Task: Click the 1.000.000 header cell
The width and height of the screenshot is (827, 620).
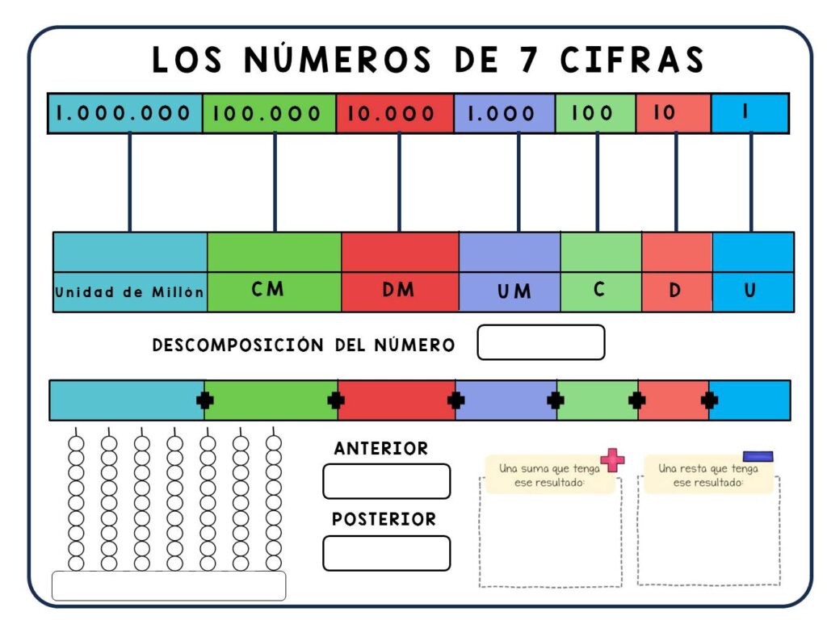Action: click(x=125, y=113)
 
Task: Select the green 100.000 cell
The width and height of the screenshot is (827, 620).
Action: click(x=269, y=113)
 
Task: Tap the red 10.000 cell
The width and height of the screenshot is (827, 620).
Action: click(x=394, y=113)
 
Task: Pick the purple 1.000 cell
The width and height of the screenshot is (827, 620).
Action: click(x=504, y=113)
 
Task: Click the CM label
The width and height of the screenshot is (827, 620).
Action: click(x=267, y=289)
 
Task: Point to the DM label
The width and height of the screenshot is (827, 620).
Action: click(x=398, y=290)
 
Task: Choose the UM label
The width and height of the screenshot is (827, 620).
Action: click(x=514, y=291)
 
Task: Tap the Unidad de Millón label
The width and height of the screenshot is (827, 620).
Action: click(x=129, y=291)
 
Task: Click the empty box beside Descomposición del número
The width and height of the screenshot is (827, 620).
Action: click(x=540, y=342)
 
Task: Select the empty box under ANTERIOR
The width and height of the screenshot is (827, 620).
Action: click(x=387, y=481)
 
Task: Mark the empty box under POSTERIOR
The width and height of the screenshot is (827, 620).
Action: click(x=387, y=553)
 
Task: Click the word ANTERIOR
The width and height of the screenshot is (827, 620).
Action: click(x=381, y=448)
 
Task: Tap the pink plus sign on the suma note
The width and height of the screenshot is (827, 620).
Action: click(x=612, y=459)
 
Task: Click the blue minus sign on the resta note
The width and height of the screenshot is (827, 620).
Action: click(x=758, y=456)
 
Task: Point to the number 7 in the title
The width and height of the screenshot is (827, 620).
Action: click(x=529, y=59)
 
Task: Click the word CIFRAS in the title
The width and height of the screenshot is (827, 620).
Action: click(x=632, y=59)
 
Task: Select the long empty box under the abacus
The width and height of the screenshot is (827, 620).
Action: click(x=169, y=586)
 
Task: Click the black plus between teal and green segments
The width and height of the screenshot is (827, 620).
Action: click(x=204, y=400)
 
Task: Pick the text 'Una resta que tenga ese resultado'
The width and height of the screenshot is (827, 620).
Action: click(x=707, y=475)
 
